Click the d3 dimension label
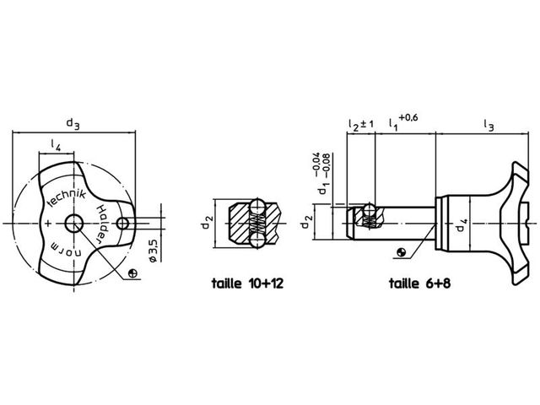pyautogui.click(x=73, y=124)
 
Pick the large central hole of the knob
pyautogui.click(x=73, y=224)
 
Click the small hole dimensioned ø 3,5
pyautogui.click(x=122, y=224)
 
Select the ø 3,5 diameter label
pyautogui.click(x=154, y=251)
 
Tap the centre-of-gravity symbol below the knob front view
pyautogui.click(x=132, y=273)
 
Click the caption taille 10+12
pyautogui.click(x=247, y=283)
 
